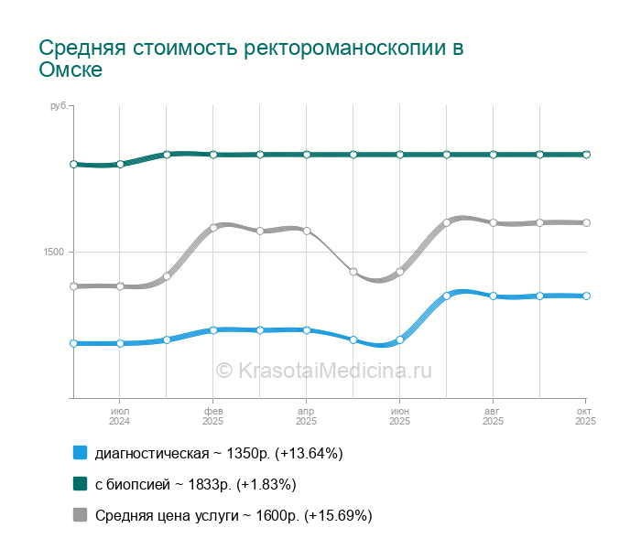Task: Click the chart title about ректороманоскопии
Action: point(251,58)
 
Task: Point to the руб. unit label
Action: point(59,107)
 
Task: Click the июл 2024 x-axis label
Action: point(120,416)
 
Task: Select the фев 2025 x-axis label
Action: point(213,416)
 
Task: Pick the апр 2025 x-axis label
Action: point(307,416)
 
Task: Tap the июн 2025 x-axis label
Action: point(400,416)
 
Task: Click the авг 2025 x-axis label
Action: point(493,416)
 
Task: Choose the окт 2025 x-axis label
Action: point(585,416)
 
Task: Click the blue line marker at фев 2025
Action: point(213,329)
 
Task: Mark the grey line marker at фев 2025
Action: point(213,227)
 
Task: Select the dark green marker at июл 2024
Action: point(120,165)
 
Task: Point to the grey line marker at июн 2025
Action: point(400,272)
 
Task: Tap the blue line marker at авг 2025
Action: point(493,296)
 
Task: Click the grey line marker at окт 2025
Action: point(586,222)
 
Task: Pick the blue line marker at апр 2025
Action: point(307,329)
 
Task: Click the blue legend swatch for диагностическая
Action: point(80,453)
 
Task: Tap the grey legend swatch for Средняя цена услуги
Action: point(80,515)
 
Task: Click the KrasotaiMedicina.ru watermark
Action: point(323,371)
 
